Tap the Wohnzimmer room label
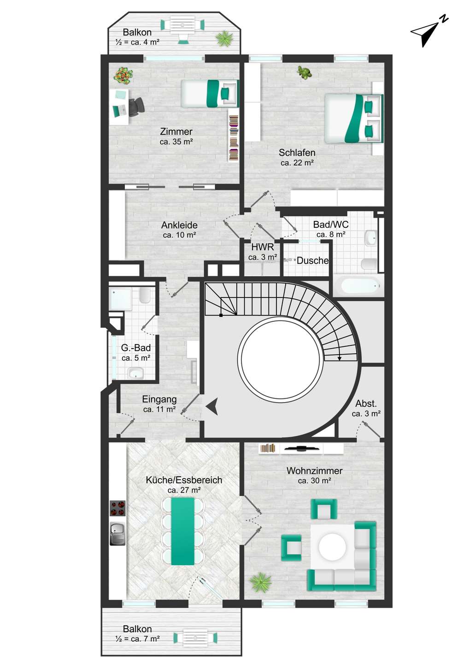[x=315, y=470]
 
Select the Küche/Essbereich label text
[x=184, y=480]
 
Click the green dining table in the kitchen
[x=183, y=531]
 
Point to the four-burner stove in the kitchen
[x=117, y=508]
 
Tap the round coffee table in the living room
[x=332, y=547]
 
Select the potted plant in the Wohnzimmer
[x=261, y=582]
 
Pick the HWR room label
[x=263, y=247]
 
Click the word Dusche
[x=313, y=261]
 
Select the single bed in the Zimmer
[x=210, y=93]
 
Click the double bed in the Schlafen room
[x=354, y=118]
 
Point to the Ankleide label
[x=179, y=225]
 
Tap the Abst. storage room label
[x=366, y=403]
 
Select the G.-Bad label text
[x=136, y=347]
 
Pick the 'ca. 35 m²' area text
[x=176, y=142]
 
